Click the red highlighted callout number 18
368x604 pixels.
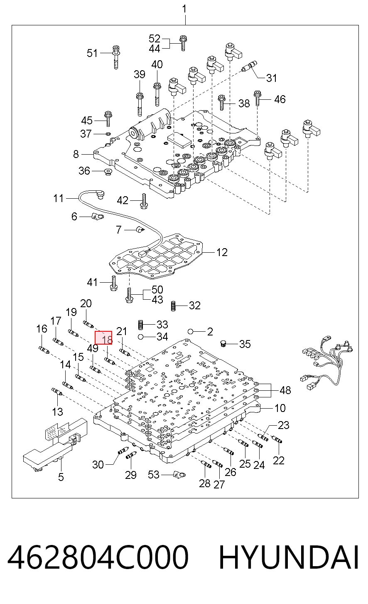(x=103, y=338)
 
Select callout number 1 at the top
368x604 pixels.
(x=184, y=9)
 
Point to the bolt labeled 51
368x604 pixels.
(x=116, y=57)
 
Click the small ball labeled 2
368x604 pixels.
(x=191, y=331)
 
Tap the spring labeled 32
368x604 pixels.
(x=174, y=306)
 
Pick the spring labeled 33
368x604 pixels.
(x=140, y=325)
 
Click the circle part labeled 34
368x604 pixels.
(x=140, y=337)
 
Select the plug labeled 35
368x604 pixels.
(x=223, y=343)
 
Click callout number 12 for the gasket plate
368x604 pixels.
(x=222, y=252)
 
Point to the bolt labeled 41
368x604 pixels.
(x=113, y=283)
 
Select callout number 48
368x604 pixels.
(x=285, y=390)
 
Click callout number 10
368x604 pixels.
(x=280, y=408)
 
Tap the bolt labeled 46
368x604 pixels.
(x=258, y=99)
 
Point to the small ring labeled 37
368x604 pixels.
(x=108, y=134)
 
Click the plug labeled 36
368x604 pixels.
(x=108, y=172)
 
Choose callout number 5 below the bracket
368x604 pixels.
(x=61, y=477)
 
